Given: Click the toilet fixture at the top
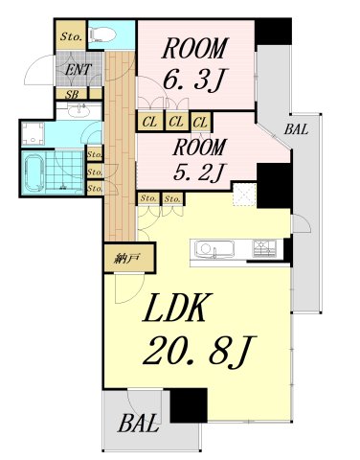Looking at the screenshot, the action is click(x=102, y=34).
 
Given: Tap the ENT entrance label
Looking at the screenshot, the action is click(x=79, y=70).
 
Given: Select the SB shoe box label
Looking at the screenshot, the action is click(x=72, y=95).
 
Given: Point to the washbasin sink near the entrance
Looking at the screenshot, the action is click(x=78, y=111).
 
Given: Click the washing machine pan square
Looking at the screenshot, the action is click(x=33, y=133).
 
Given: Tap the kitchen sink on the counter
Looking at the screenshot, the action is click(x=214, y=248).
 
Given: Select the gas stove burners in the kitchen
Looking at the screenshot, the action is click(x=264, y=248).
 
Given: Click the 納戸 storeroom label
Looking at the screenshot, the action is click(x=127, y=258).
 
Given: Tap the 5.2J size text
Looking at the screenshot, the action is click(x=199, y=172).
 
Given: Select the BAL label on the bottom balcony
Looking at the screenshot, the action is click(x=139, y=423).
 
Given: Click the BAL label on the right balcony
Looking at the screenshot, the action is click(x=297, y=129).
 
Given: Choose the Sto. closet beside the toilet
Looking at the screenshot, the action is click(x=71, y=36).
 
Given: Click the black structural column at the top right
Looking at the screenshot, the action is click(x=273, y=32).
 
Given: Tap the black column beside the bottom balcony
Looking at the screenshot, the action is click(x=189, y=405).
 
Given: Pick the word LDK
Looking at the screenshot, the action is click(x=174, y=308).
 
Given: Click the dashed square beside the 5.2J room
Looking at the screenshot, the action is click(x=244, y=195).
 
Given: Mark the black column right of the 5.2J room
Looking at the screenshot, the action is click(x=274, y=186).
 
